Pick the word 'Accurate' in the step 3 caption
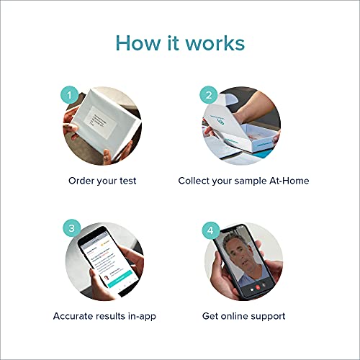tap(75, 315)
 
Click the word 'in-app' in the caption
tap(142, 315)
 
